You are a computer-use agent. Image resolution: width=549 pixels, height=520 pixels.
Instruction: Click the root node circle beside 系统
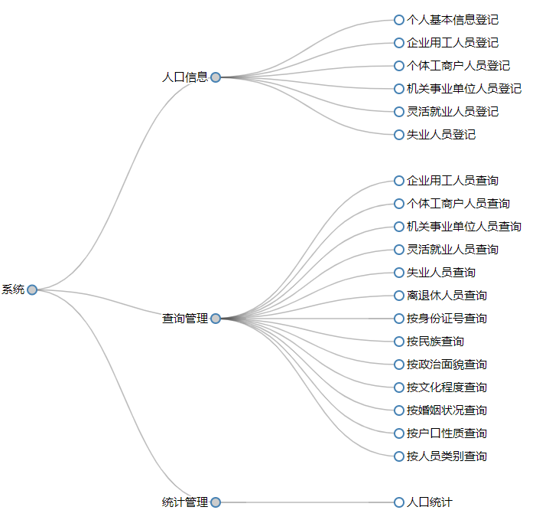coord(32,289)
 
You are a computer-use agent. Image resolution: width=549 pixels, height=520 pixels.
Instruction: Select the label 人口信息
coord(184,77)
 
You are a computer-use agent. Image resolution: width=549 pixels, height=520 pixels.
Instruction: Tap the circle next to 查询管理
coord(216,319)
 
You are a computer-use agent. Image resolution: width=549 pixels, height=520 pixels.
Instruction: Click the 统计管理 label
coord(184,502)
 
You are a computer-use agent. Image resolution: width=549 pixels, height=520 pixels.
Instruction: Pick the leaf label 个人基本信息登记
coord(452,20)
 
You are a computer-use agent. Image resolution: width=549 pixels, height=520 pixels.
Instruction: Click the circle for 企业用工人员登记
coord(399,43)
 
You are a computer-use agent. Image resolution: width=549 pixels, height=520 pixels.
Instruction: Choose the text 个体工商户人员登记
coord(458,66)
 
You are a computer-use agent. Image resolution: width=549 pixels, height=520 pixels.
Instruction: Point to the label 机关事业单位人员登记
coord(463,89)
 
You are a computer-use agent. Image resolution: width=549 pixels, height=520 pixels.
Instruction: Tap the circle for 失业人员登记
coord(399,135)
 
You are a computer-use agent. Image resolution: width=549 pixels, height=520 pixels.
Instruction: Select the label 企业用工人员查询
coord(452,181)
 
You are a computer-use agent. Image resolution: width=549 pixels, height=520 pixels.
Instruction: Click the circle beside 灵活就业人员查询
coord(399,250)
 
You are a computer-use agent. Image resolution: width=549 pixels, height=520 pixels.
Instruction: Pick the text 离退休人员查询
coord(447,296)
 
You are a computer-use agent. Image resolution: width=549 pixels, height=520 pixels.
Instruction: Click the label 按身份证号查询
coord(447,319)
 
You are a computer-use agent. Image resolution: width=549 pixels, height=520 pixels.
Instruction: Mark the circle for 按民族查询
coord(399,342)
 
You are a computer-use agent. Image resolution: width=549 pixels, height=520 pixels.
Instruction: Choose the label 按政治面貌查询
coord(447,365)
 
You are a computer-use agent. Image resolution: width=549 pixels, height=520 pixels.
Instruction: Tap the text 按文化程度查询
coord(447,388)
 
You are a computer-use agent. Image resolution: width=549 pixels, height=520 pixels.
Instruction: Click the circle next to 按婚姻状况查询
coord(399,410)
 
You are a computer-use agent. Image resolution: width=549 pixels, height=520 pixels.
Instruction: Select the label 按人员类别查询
coord(447,456)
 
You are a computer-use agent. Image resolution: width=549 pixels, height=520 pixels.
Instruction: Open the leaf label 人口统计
coord(429,502)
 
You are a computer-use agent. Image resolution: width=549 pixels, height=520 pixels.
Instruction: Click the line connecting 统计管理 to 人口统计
coord(306,502)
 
